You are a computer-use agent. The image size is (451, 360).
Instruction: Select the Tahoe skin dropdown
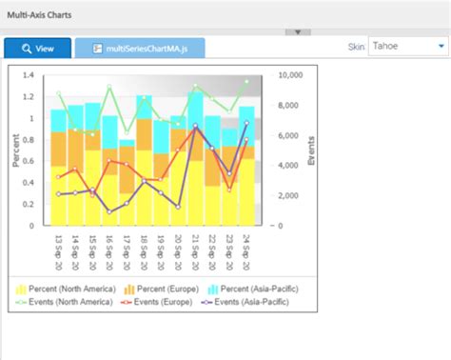(408, 46)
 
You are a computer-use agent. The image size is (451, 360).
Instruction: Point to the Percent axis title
(16, 150)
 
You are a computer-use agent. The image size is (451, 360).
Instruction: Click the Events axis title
(311, 150)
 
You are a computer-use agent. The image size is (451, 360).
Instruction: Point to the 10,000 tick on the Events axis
(289, 75)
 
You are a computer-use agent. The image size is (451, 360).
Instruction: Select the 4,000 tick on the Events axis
(287, 166)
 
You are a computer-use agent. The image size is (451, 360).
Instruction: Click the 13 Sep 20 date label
(59, 251)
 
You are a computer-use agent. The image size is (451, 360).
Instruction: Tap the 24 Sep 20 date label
(246, 251)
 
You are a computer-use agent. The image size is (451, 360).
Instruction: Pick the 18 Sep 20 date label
(145, 251)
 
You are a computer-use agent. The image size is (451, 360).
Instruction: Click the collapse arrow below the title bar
(297, 31)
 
